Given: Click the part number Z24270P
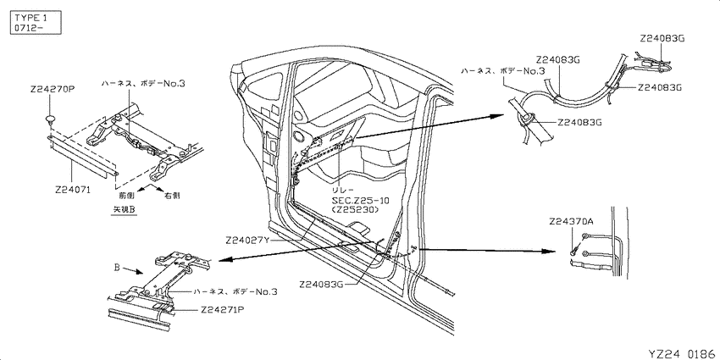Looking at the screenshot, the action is click(x=53, y=90).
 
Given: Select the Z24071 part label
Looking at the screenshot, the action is click(x=73, y=189).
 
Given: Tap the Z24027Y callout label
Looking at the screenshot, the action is click(x=247, y=240).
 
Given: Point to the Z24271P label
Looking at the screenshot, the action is click(x=222, y=309).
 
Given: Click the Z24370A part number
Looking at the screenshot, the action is click(x=571, y=222).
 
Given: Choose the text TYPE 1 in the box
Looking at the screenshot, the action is click(x=30, y=18).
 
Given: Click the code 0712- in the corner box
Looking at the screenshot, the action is click(x=29, y=28).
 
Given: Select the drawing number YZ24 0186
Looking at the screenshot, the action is click(x=684, y=353).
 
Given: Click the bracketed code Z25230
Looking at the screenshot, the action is click(x=355, y=209).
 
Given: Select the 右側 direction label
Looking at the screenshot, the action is click(x=172, y=195).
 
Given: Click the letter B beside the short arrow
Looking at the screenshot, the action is click(x=117, y=267).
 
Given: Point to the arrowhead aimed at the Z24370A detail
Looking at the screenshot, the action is click(x=549, y=252).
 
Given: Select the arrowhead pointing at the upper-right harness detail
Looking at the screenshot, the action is click(x=498, y=116).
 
